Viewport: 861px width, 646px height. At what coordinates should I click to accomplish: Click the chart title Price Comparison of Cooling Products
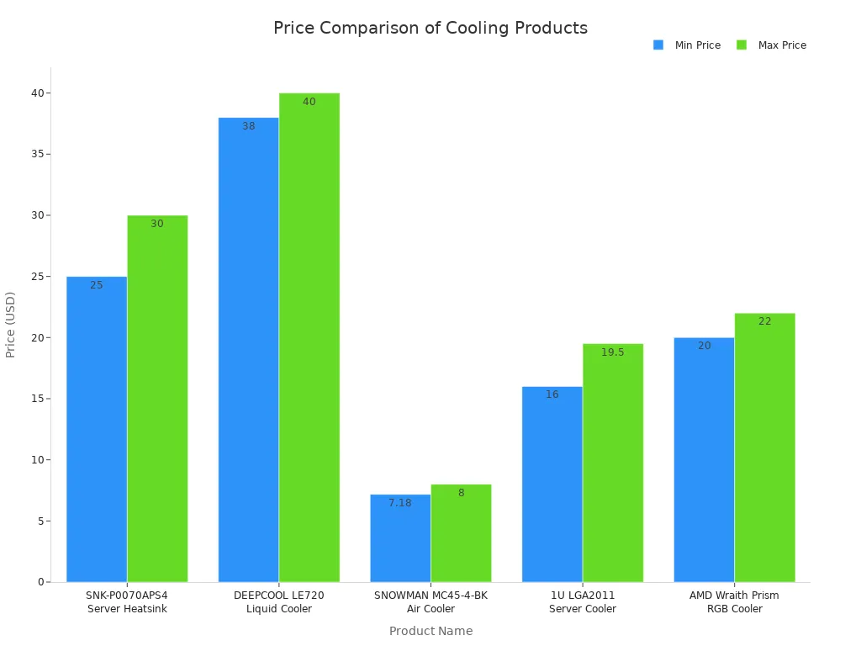click(430, 28)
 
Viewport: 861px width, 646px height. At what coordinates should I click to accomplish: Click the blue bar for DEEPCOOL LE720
click(248, 349)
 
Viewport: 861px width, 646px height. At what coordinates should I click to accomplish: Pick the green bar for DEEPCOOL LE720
click(309, 336)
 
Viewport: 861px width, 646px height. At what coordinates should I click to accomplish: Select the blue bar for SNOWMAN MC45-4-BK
click(400, 538)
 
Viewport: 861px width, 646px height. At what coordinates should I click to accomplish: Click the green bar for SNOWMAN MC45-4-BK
click(461, 533)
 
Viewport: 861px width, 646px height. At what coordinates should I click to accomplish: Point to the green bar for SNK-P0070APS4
click(157, 398)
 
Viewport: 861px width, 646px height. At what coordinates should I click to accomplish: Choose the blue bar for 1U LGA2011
click(552, 484)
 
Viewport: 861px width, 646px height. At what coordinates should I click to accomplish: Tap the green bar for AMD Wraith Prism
click(764, 447)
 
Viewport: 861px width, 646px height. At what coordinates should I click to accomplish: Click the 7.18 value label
click(400, 503)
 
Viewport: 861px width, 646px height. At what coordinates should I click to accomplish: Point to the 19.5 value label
click(612, 352)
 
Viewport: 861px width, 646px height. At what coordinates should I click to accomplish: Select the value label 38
click(248, 126)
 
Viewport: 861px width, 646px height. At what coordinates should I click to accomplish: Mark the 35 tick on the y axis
click(39, 154)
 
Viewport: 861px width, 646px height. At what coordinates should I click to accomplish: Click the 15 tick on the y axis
click(39, 399)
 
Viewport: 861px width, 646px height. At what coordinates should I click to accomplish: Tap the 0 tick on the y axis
click(40, 582)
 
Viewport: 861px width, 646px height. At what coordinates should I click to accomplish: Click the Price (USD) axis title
click(11, 325)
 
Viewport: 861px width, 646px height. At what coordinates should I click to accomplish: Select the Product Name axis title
click(430, 631)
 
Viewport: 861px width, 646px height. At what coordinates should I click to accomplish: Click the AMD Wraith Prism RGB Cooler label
click(734, 602)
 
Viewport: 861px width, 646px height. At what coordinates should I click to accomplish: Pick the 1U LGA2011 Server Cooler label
click(582, 602)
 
